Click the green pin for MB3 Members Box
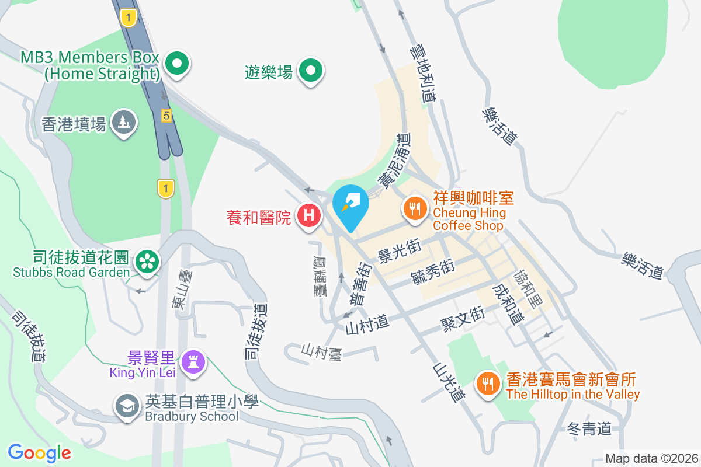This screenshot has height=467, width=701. [x=176, y=64]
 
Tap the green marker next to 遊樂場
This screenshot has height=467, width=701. [x=311, y=71]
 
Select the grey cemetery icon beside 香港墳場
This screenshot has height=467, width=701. [x=123, y=123]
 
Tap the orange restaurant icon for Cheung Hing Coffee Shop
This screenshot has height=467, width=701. [x=415, y=208]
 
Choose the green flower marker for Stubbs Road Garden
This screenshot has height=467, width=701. [x=146, y=262]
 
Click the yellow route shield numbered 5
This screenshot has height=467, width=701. [x=166, y=116]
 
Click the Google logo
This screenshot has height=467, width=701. [x=39, y=453]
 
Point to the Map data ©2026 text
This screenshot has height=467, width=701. [x=651, y=458]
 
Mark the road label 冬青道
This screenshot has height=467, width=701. [x=589, y=430]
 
